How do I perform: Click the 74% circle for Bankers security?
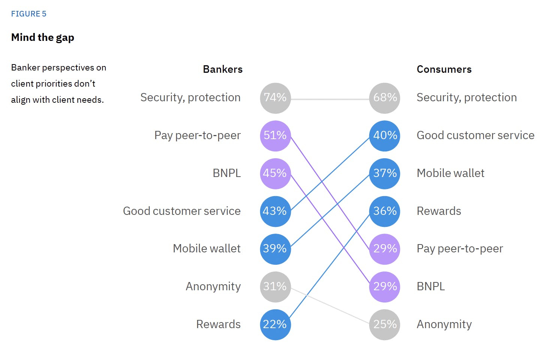click(275, 98)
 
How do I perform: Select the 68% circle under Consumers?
click(385, 98)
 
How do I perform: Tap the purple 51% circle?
click(275, 136)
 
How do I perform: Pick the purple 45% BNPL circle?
click(275, 174)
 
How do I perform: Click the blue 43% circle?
click(275, 211)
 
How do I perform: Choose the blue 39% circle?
click(275, 249)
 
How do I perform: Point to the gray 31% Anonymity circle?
click(275, 287)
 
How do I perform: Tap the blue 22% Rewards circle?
click(275, 325)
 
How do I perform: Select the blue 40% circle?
click(385, 136)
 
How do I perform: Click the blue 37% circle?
click(385, 174)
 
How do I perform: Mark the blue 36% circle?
click(385, 211)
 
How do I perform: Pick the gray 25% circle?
click(385, 325)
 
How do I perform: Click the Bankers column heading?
click(223, 69)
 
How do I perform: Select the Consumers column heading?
click(444, 69)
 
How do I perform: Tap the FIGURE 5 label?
click(28, 14)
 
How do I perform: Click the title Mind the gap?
click(43, 37)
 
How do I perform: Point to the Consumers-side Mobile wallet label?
click(451, 173)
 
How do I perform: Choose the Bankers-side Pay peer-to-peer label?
click(198, 135)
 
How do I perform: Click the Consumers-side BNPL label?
click(431, 286)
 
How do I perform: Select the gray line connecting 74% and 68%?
click(330, 99)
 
